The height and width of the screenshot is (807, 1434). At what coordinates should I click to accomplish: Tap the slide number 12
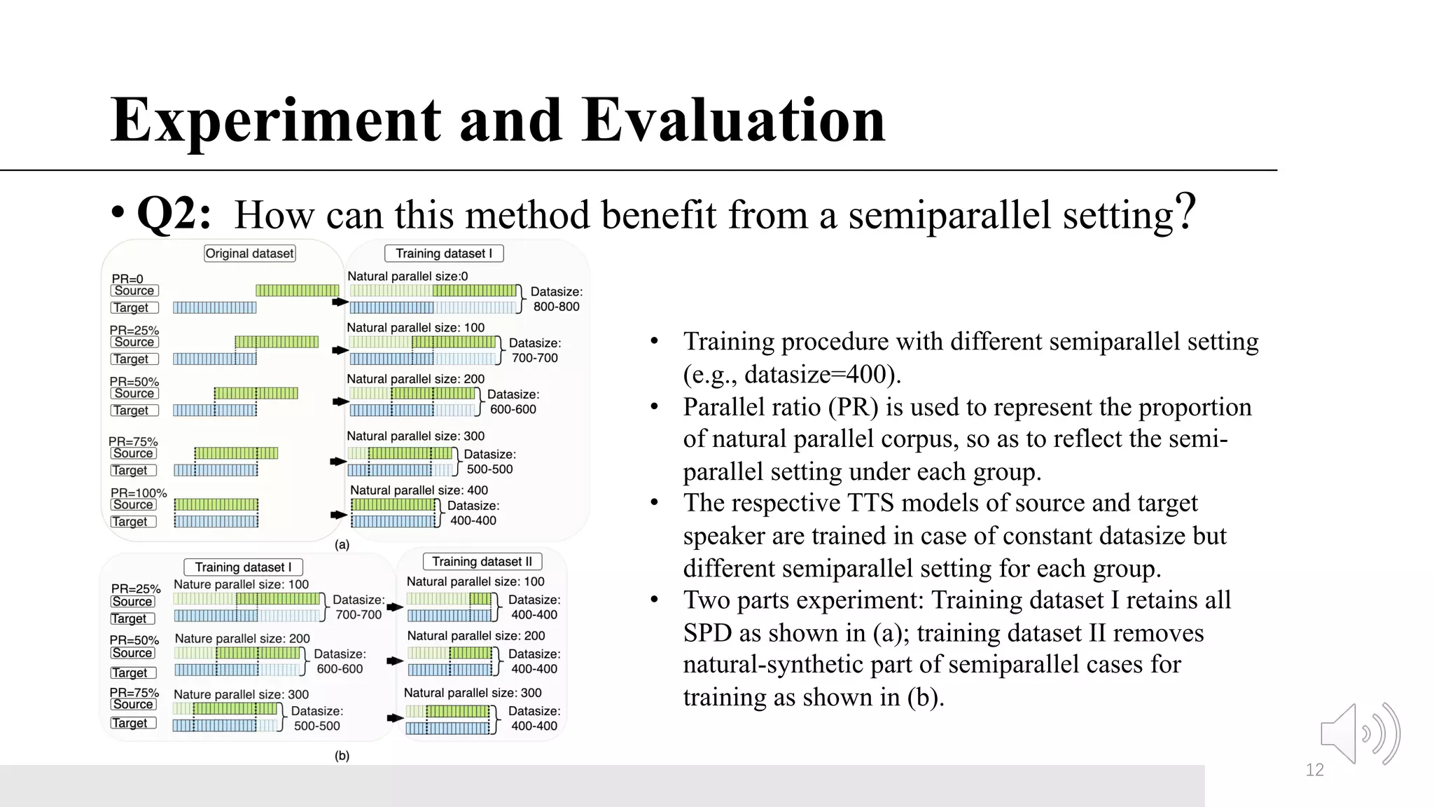click(1314, 771)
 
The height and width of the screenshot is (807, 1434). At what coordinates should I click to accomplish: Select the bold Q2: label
click(174, 213)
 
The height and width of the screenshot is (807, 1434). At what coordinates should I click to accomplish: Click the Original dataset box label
click(249, 254)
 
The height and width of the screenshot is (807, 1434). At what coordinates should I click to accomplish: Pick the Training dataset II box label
click(482, 561)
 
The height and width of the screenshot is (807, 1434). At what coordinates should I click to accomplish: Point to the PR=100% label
click(139, 493)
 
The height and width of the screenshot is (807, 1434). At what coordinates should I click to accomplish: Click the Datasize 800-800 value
click(556, 307)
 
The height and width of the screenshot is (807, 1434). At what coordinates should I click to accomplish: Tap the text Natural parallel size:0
click(408, 277)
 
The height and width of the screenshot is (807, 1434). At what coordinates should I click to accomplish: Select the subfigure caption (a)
click(342, 544)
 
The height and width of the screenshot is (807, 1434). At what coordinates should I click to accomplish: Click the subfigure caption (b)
click(342, 756)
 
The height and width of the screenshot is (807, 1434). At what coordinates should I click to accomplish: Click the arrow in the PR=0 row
click(340, 302)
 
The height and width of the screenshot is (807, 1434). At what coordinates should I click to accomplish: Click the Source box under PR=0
click(134, 291)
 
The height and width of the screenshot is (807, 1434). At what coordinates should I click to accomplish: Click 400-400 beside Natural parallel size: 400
click(473, 520)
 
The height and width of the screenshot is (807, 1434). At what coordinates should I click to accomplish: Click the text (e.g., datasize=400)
click(792, 374)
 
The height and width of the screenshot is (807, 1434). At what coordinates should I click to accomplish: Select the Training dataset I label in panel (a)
click(444, 254)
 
